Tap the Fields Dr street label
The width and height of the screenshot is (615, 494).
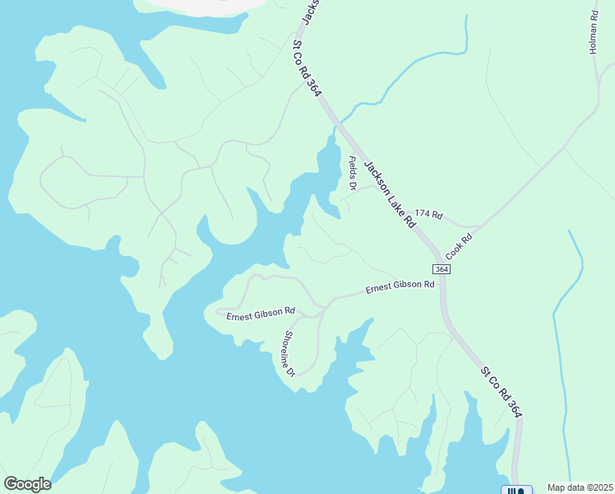coord(353,173)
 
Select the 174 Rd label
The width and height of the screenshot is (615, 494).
coord(428,216)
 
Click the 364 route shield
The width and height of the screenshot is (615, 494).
coord(442,269)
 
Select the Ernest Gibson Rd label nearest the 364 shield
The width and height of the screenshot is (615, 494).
coord(400,287)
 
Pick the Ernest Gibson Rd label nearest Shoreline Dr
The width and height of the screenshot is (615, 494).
coord(261,312)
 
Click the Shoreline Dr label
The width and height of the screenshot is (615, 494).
coord(289,353)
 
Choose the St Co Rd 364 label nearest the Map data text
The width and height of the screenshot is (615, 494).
coord(501,393)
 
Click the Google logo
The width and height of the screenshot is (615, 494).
coord(27,484)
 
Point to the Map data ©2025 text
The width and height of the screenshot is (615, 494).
coord(580,487)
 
